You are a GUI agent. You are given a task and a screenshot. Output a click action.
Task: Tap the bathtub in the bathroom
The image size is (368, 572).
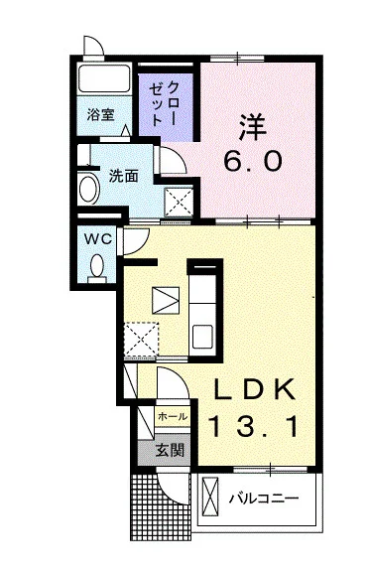[x=103, y=78]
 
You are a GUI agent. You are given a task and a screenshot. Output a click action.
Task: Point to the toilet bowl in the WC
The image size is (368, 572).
[x=97, y=266]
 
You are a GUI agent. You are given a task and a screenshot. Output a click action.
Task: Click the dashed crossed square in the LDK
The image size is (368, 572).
[x=142, y=340]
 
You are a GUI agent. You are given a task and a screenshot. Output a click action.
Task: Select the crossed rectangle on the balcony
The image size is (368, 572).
[x=210, y=497]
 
